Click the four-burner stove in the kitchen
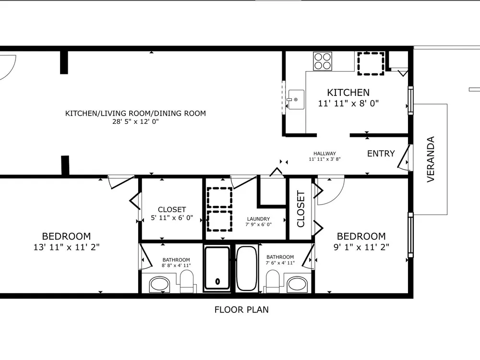point(323,61)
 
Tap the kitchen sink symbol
point(295,99)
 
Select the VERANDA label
point(431,159)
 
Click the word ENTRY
point(381,154)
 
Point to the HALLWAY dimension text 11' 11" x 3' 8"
point(324,159)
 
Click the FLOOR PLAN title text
point(241,310)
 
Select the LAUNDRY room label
point(258,219)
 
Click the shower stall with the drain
point(217,268)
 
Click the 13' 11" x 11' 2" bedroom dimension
point(66,247)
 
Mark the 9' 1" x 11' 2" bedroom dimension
point(361,247)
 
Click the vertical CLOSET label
point(300,209)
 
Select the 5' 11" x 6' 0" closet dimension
point(172,217)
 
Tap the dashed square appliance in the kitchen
point(371,64)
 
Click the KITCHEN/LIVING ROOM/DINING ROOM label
point(135,113)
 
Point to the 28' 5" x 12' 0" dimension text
point(136,121)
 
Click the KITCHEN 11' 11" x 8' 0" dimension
point(348,104)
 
